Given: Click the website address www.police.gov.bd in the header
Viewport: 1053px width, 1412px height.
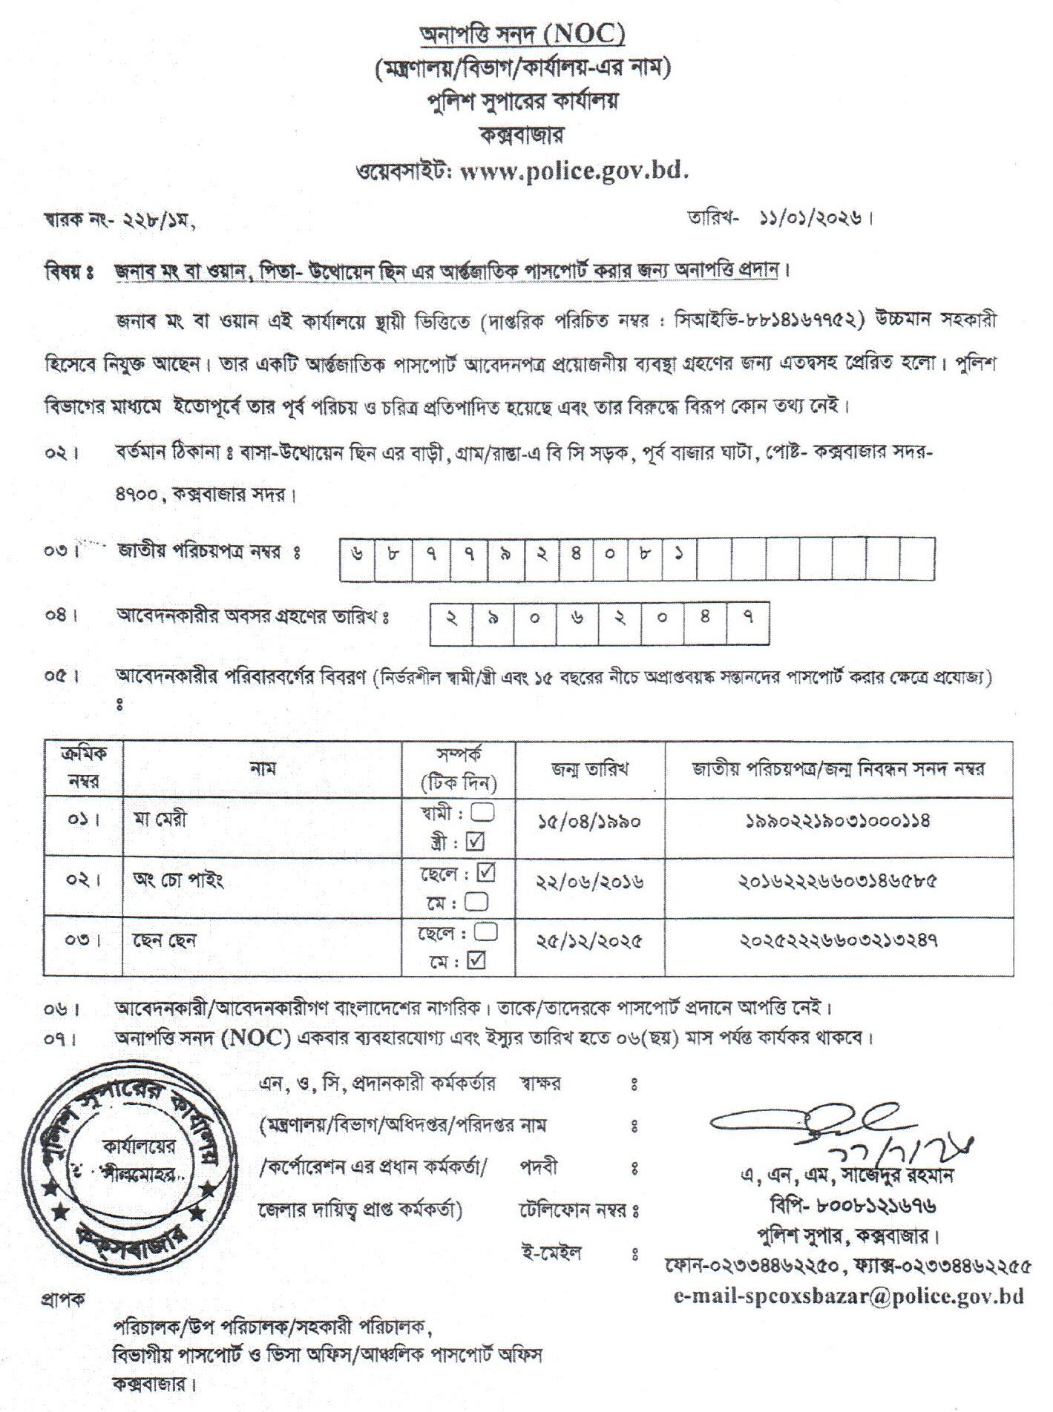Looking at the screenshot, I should tap(575, 172).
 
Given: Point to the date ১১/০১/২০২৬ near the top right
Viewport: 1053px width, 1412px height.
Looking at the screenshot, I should tap(811, 219).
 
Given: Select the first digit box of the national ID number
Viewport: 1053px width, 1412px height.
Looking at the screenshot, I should tap(358, 556).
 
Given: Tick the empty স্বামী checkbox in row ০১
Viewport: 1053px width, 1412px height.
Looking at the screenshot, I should tap(483, 813).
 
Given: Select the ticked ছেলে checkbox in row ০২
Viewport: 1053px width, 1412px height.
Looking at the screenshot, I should tap(486, 872).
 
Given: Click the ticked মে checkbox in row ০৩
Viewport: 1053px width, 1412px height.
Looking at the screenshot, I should tap(476, 960).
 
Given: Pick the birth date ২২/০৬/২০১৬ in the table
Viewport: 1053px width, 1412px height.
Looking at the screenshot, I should tap(589, 881).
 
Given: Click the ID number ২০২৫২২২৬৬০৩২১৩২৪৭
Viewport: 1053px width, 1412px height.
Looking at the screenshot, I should tap(838, 941).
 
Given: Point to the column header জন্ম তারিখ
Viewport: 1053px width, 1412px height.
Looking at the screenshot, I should tap(589, 769).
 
